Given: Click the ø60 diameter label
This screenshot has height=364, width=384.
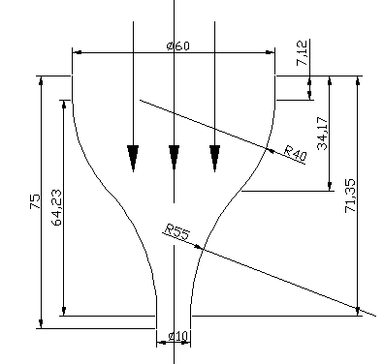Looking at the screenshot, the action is pyautogui.click(x=178, y=45).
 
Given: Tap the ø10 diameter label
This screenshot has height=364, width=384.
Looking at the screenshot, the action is pyautogui.click(x=177, y=336).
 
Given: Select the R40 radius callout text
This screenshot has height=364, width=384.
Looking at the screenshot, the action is pyautogui.click(x=295, y=153).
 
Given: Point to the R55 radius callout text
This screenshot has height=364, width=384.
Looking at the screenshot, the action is pyautogui.click(x=176, y=231).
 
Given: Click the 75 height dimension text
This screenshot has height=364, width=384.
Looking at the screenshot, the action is pyautogui.click(x=35, y=201).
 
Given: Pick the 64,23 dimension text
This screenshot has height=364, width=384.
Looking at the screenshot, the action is pyautogui.click(x=56, y=207).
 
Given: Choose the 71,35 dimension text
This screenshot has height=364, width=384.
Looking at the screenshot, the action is pyautogui.click(x=350, y=196).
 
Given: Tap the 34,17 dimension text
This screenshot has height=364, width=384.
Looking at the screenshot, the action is pyautogui.click(x=322, y=134).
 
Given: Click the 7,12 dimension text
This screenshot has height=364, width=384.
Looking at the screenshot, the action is pyautogui.click(x=302, y=53).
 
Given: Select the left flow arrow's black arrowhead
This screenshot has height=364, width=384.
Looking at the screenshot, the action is pyautogui.click(x=133, y=157).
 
